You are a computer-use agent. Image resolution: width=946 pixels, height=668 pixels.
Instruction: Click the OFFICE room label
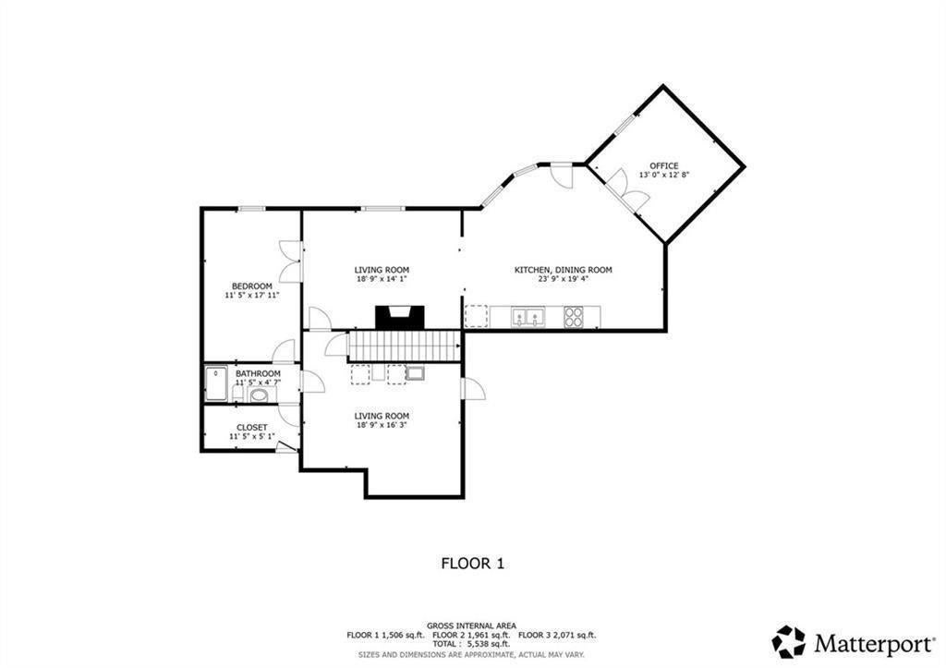(x=663, y=166)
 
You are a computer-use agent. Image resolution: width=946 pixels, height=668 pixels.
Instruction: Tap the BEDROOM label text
(x=252, y=286)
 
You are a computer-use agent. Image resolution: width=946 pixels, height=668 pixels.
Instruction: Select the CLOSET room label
(x=251, y=428)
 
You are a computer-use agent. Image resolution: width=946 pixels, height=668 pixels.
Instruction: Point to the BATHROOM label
(x=258, y=374)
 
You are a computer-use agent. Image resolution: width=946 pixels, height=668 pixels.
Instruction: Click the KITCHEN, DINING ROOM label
(x=563, y=270)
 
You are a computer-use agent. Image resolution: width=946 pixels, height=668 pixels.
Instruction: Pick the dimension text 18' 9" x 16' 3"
(x=382, y=425)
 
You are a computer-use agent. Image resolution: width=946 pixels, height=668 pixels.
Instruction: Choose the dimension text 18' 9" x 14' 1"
(x=382, y=279)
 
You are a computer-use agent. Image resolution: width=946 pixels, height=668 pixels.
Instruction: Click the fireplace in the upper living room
(x=400, y=318)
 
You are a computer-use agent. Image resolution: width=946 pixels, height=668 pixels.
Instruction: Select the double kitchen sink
(x=528, y=317)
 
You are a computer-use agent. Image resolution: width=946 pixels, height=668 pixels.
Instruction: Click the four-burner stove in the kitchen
(x=573, y=317)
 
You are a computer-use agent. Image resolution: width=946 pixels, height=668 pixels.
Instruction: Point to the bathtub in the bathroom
(x=215, y=383)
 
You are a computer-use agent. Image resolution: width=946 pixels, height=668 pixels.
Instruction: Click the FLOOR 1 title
(x=473, y=564)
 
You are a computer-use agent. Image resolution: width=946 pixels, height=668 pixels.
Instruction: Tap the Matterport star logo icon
(x=789, y=641)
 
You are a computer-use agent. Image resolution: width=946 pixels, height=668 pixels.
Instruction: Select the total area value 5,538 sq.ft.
(x=484, y=644)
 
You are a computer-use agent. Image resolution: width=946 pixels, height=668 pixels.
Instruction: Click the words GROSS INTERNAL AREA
(x=472, y=625)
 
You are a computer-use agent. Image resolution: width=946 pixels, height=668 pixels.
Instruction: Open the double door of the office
(x=627, y=190)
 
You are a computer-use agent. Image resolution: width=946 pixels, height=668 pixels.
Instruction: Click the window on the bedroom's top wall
(x=251, y=209)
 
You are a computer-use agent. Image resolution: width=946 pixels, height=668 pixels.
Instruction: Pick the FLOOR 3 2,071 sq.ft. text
(x=557, y=635)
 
